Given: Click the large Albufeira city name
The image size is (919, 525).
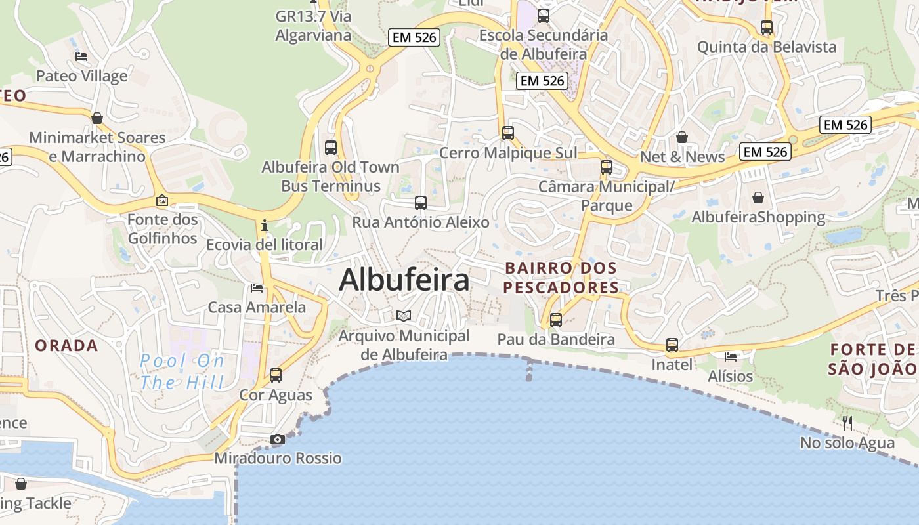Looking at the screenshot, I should click(x=404, y=280).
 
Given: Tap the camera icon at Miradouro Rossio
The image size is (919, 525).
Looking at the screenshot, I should click(x=278, y=440).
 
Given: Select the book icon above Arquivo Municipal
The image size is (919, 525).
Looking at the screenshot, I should click(x=404, y=316).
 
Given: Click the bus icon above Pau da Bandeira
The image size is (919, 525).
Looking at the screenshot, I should click(x=556, y=320).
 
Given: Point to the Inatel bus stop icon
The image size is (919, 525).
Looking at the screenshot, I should click(x=672, y=345).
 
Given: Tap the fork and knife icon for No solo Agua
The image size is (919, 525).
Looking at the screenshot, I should click(x=847, y=423).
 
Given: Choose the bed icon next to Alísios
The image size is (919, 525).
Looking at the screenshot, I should click(x=731, y=357).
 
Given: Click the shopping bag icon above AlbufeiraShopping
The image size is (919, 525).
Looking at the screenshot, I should click(x=758, y=198).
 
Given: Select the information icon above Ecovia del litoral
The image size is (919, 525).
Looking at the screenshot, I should click(x=265, y=226).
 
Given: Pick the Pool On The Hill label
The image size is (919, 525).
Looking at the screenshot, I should click(x=182, y=371).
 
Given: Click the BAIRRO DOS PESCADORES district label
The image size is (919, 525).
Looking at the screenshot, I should click(x=561, y=278).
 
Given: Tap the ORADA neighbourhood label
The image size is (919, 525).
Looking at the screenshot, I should click(x=66, y=346).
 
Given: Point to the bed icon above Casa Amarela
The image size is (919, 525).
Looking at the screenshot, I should click(x=257, y=288).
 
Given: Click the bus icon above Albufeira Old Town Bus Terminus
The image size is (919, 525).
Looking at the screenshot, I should click(x=331, y=148).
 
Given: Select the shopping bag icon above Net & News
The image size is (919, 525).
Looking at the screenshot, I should click(x=682, y=137).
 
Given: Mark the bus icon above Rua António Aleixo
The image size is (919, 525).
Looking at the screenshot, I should click(x=421, y=203).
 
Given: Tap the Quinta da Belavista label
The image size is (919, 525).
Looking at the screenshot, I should click(x=767, y=47).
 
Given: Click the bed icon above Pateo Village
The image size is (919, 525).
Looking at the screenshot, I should click(x=81, y=56).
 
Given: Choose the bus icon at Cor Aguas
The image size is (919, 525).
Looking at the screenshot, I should click(x=276, y=375).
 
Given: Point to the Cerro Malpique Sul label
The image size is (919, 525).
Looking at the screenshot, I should click(x=508, y=153).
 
